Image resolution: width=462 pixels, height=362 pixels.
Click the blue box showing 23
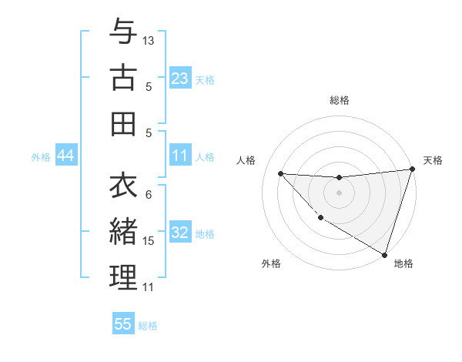179,78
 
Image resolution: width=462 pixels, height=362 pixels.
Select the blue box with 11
179,156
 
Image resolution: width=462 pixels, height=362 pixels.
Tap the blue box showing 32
179,233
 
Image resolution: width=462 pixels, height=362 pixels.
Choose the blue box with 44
65,156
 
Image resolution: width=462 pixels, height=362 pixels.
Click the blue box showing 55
123,324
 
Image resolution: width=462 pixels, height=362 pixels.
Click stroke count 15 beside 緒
149,241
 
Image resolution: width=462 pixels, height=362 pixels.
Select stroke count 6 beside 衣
149,194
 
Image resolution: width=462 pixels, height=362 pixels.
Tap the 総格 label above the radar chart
339,100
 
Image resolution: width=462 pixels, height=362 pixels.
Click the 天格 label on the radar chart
433,160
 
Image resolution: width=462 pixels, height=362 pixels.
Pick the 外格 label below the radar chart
271,263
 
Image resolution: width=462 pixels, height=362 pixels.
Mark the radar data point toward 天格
412,169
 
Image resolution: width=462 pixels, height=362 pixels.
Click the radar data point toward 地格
385,254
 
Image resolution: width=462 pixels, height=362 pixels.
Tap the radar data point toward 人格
280,173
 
